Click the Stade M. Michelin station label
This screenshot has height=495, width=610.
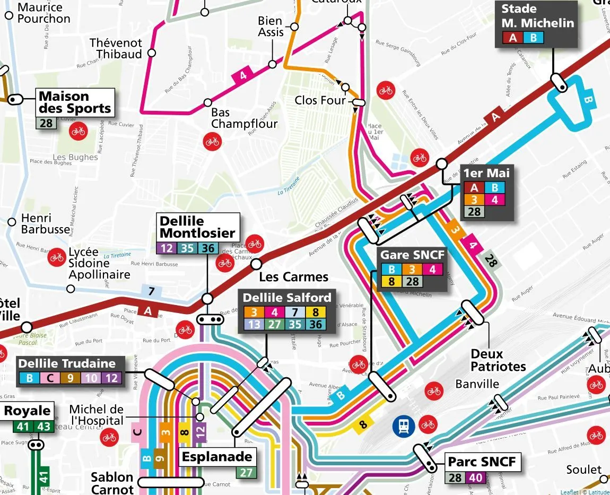coord(537,16)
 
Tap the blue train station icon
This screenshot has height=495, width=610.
coord(404,425)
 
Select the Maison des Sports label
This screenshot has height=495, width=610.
coord(75,102)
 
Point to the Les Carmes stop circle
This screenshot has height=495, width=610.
coord(256,264)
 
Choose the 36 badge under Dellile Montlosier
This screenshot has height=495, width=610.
coord(208,247)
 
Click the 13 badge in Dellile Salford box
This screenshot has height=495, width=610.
coord(254,324)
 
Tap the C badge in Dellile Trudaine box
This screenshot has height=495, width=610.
coord(50,378)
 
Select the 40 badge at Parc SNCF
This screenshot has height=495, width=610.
coord(476,477)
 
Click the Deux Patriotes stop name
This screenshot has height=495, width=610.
coord(498,360)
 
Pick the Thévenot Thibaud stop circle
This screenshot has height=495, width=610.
coord(152,53)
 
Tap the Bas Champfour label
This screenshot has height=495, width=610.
coord(243,118)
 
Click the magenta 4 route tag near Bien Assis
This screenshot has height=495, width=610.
coord(243,75)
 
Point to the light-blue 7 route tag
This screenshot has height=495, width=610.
coord(151,291)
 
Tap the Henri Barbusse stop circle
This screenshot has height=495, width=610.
coord(12,221)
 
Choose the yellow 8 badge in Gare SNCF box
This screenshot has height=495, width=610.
coord(391,282)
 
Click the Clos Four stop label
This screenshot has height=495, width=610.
coord(320,100)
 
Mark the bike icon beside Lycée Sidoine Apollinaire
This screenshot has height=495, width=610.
coord(56,257)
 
